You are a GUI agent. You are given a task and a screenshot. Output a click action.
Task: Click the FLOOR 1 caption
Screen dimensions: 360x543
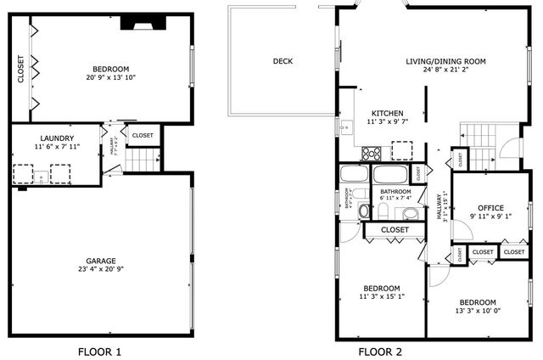[x=100, y=352]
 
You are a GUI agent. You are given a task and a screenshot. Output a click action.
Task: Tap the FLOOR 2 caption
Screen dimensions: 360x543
[x=379, y=352]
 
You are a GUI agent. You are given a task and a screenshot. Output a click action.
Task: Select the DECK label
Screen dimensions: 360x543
[x=283, y=61]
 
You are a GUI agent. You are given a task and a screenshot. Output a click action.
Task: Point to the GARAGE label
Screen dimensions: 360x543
[x=100, y=261]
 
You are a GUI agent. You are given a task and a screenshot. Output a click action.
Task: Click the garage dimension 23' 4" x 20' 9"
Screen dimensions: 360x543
[x=100, y=270]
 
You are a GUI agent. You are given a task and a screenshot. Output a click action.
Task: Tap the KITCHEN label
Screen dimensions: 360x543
[x=385, y=113]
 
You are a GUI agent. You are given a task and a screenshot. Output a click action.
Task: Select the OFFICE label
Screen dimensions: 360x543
[x=490, y=208]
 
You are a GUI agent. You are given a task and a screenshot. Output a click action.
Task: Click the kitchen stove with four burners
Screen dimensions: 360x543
[x=372, y=154]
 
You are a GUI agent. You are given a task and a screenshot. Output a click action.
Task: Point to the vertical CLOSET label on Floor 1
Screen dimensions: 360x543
[x=21, y=70]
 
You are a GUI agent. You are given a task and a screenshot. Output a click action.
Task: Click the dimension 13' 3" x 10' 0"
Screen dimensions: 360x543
[x=478, y=312]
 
